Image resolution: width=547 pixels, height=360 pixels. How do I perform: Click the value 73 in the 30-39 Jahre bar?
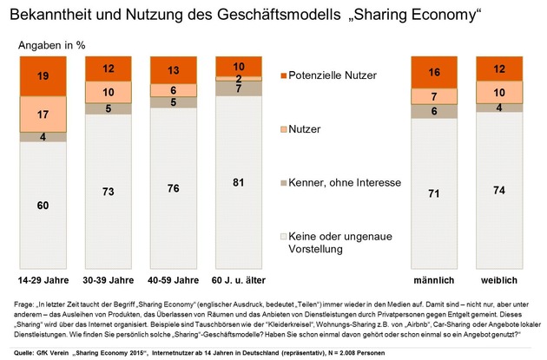tap(108, 191)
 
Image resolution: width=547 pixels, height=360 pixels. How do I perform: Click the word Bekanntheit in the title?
tap(54, 15)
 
